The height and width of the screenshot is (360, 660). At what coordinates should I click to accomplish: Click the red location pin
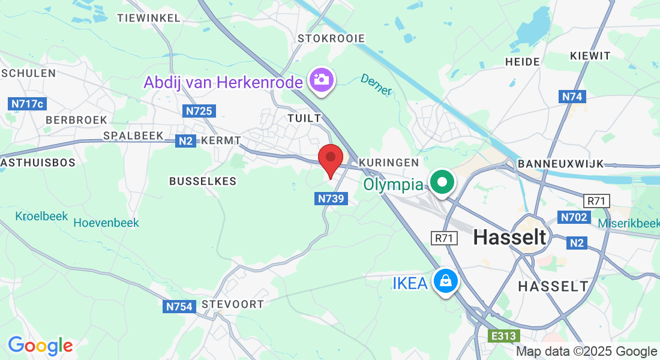(330, 160)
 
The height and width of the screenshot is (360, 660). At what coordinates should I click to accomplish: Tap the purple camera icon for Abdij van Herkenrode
(322, 80)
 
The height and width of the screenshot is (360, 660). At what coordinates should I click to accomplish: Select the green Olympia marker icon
(442, 182)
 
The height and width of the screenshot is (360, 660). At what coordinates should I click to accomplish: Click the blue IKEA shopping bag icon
(445, 280)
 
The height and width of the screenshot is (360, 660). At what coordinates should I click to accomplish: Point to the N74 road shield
(572, 96)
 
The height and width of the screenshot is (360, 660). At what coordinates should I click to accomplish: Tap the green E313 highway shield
(503, 336)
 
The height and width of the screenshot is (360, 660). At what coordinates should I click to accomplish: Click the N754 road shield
(179, 307)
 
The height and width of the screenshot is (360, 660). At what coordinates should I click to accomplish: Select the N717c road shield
(28, 104)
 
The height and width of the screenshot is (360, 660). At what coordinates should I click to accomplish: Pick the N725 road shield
(199, 111)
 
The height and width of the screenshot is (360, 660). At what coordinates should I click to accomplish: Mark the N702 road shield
(573, 217)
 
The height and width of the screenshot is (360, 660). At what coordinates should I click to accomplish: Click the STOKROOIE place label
(331, 38)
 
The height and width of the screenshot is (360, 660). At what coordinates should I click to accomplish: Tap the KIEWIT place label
(591, 56)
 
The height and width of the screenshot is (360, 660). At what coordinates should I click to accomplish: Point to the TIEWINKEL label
(149, 18)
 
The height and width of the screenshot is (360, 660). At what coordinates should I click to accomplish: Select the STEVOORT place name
(233, 304)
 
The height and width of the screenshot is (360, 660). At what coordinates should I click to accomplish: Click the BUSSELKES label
(203, 181)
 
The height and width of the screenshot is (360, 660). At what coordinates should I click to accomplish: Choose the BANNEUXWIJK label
(560, 164)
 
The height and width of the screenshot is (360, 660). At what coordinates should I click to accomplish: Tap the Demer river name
(376, 84)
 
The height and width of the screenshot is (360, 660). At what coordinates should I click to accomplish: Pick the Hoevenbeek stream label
(106, 223)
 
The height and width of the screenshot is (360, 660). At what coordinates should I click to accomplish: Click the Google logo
(40, 346)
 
